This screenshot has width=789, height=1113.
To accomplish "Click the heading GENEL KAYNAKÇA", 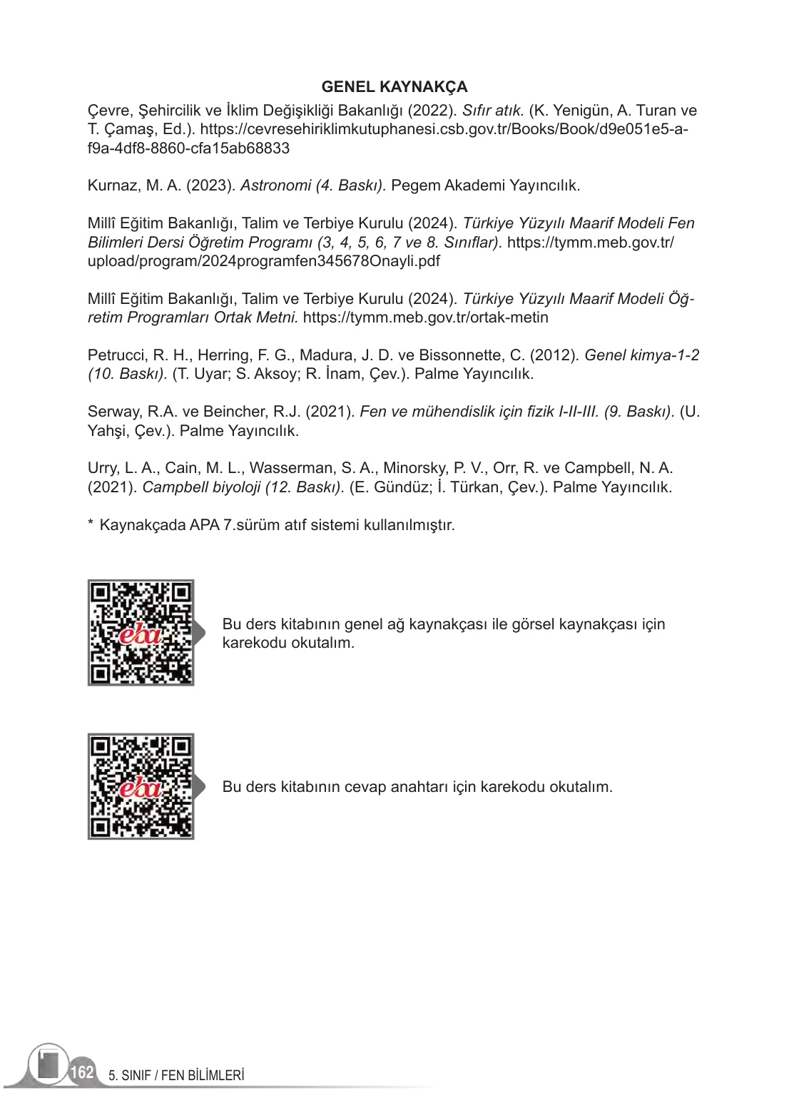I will click(x=394, y=87).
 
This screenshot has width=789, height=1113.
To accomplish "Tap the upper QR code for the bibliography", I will click(x=141, y=633).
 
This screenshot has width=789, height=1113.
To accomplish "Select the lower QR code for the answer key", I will click(x=141, y=786).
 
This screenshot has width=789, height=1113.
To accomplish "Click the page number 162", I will click(x=82, y=1072).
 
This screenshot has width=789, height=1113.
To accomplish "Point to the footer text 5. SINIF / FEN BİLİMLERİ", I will click(x=176, y=1075).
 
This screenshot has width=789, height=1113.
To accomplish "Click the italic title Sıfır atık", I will click(x=492, y=111).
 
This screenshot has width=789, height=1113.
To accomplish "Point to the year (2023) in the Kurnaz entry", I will click(x=210, y=185).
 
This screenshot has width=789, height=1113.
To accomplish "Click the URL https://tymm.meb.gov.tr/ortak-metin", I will click(x=425, y=317).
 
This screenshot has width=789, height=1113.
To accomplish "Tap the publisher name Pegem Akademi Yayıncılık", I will click(x=485, y=185).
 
